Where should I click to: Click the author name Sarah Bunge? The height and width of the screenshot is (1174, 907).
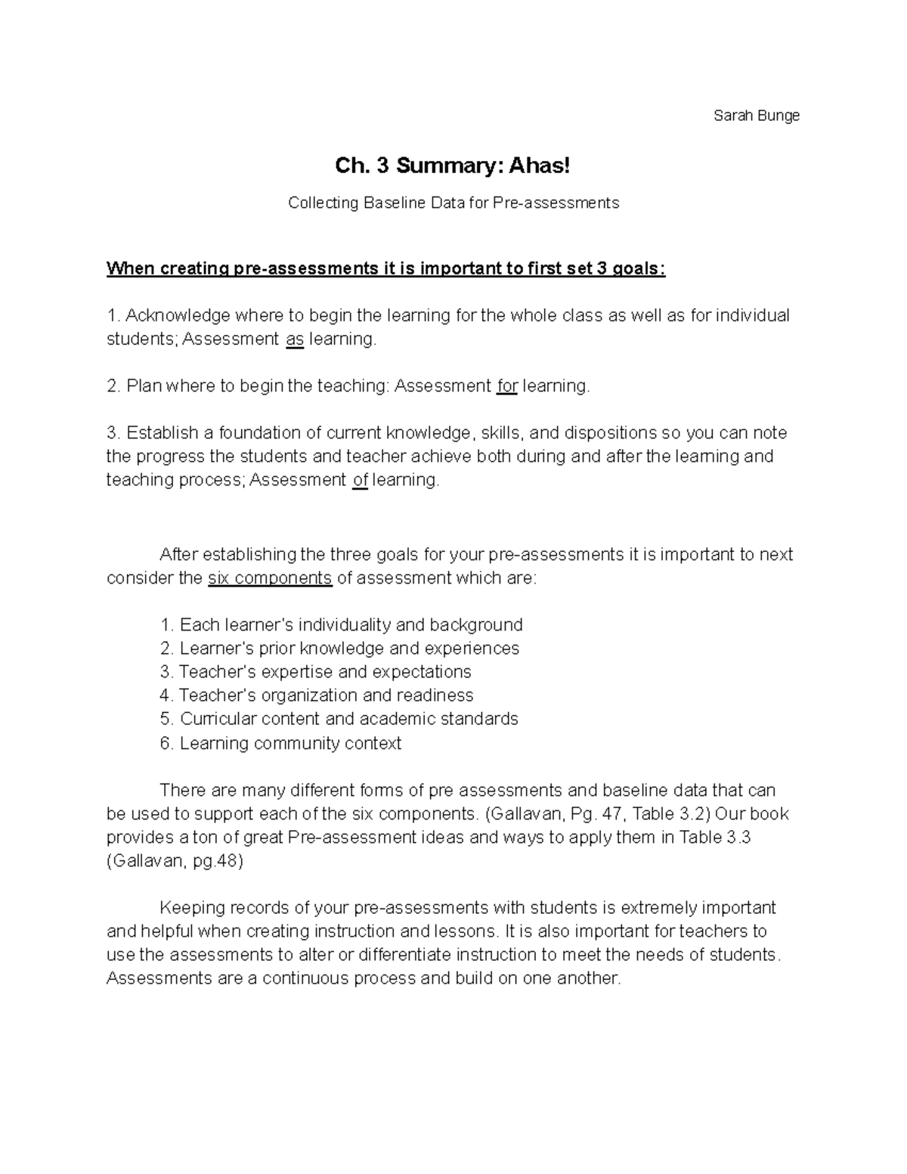(x=756, y=116)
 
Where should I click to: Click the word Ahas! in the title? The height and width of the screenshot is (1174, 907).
(x=539, y=166)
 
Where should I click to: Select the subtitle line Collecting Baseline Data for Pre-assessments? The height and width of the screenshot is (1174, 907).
(x=453, y=203)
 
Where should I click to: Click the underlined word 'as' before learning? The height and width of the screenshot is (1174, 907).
(x=295, y=339)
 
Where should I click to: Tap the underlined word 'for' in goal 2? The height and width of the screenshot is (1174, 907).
(x=506, y=386)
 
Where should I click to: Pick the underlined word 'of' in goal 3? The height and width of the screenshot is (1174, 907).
(x=360, y=480)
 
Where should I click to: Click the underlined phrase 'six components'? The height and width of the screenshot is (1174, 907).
(x=270, y=578)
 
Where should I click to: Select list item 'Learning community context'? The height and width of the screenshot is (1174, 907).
(x=290, y=743)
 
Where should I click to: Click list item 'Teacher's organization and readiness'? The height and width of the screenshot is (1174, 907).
(x=326, y=695)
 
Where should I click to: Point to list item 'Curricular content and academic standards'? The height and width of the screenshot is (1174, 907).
(x=348, y=719)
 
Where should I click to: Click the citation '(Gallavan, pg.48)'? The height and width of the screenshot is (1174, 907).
(x=175, y=861)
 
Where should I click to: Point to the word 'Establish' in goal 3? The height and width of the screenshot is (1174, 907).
(x=161, y=433)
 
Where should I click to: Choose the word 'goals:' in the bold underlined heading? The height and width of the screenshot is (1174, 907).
(x=638, y=269)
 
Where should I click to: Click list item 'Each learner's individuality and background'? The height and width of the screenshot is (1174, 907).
(x=351, y=625)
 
